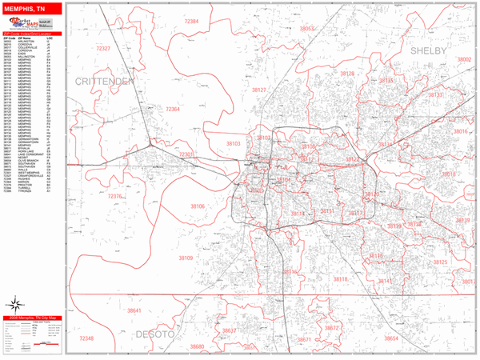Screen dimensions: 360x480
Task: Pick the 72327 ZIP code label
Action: [x=103, y=49]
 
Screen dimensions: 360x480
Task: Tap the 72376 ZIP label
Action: [x=115, y=196]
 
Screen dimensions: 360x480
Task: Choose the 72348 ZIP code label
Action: [x=85, y=338]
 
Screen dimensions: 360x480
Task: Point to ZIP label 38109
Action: [x=186, y=258]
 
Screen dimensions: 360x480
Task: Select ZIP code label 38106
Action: [x=198, y=206]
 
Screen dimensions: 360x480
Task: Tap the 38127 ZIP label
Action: [x=258, y=90]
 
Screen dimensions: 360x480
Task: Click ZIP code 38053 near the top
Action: [x=307, y=28]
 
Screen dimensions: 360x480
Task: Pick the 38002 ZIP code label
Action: [x=463, y=59]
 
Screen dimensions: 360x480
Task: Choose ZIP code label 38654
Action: [x=390, y=338]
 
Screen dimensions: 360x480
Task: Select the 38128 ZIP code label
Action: [x=346, y=74]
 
